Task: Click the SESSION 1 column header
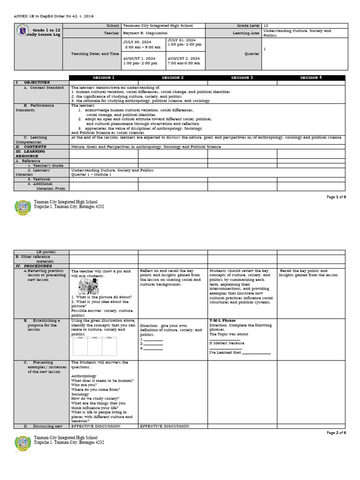click(103, 77)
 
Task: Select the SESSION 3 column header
click(242, 77)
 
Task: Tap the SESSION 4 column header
click(311, 77)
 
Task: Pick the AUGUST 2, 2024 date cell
click(184, 60)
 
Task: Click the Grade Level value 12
click(266, 25)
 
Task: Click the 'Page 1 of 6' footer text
click(336, 197)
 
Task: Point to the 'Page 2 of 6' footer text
click(336, 432)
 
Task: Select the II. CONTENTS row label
click(30, 147)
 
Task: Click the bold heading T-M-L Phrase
click(223, 321)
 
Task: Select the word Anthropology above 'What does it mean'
click(84, 376)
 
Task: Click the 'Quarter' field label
click(252, 53)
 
